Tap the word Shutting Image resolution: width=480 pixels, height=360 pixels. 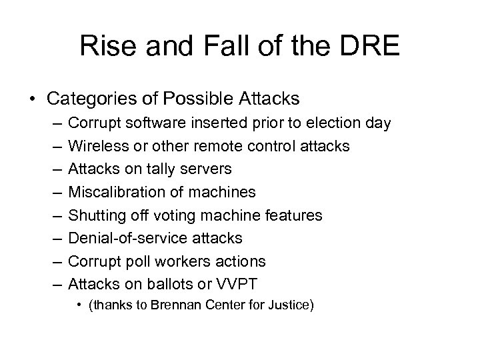(95, 215)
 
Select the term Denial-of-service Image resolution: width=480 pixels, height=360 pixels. (127, 238)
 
